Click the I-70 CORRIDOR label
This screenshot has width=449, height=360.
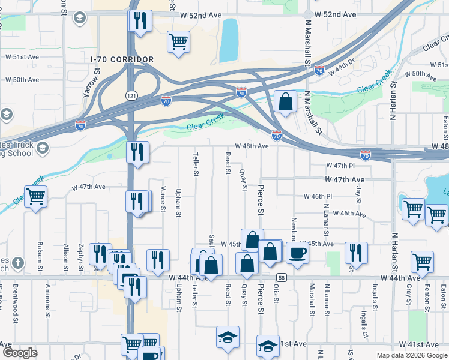[122, 59]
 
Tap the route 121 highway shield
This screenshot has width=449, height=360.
[130, 95]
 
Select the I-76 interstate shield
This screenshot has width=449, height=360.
[319, 70]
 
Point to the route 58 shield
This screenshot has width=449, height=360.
[280, 277]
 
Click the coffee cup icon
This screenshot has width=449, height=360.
[297, 253]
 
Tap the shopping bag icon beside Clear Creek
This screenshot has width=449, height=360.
[286, 102]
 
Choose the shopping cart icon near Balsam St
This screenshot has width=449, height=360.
[36, 196]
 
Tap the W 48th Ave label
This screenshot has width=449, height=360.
[252, 146]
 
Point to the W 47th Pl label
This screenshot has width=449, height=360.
[341, 165]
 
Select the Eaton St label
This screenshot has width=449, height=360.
[445, 127]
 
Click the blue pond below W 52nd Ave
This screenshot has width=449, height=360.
[229, 40]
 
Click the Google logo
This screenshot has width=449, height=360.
[20, 353]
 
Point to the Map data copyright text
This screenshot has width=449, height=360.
[411, 355]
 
